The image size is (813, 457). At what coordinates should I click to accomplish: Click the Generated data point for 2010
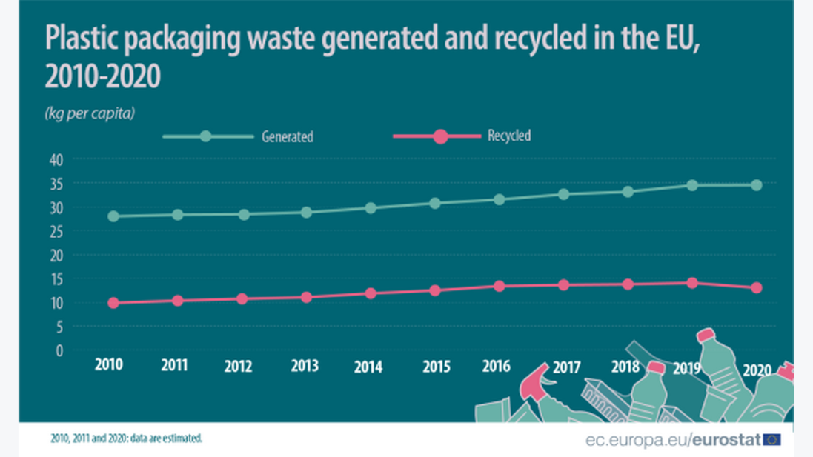click(113, 216)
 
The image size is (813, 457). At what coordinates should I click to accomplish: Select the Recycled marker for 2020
click(757, 287)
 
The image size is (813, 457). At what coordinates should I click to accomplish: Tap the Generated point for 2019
click(692, 185)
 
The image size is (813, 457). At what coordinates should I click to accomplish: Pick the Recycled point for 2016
click(500, 286)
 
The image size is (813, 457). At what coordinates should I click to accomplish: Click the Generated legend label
click(287, 137)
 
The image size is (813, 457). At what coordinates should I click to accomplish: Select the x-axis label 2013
click(304, 366)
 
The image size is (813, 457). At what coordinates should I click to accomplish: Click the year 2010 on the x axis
click(109, 365)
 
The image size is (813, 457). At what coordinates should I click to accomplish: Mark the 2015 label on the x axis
click(436, 366)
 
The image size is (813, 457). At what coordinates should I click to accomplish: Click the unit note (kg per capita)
click(90, 113)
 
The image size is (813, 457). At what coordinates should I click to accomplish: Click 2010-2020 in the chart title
click(103, 76)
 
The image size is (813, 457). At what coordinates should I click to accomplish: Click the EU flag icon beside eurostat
click(772, 440)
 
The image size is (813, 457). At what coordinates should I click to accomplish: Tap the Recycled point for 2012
click(242, 298)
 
